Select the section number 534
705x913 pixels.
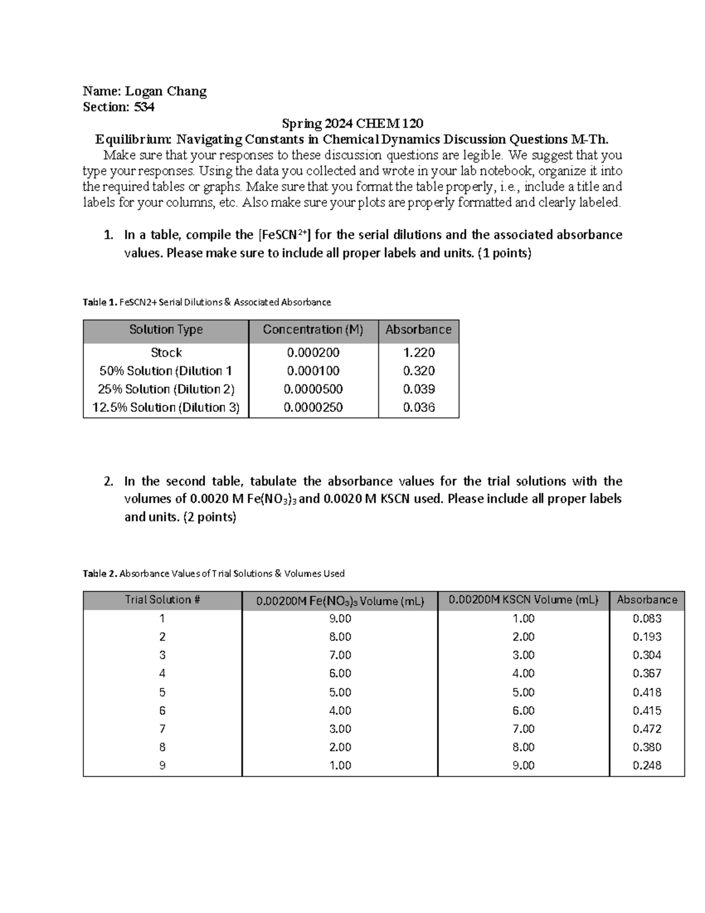point(144,107)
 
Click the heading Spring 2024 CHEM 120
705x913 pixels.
point(352,123)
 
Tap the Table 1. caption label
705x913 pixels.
point(100,302)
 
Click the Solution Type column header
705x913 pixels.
point(166,330)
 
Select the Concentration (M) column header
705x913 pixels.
point(313,330)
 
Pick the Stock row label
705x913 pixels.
point(166,353)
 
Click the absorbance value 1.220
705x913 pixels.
point(418,353)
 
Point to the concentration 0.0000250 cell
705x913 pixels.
point(313,407)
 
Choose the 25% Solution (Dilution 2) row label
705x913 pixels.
point(166,389)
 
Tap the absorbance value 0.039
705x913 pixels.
point(418,389)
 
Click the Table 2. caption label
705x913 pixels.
point(100,574)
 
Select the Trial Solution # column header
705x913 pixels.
point(162,600)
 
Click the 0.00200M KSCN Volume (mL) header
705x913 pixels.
point(523,600)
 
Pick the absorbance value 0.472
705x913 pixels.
point(647,729)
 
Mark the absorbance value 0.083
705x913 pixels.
point(647,618)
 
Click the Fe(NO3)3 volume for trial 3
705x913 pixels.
point(340,656)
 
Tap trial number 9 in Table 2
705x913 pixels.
point(162,765)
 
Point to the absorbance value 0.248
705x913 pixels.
point(647,765)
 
